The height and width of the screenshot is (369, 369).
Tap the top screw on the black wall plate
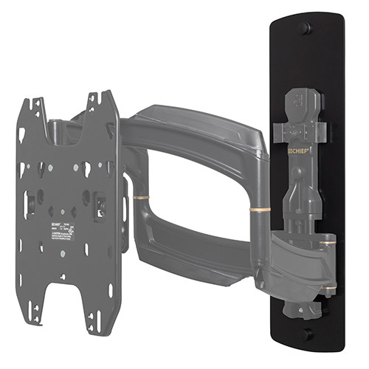point(305,29)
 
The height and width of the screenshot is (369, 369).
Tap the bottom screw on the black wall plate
point(307,334)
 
